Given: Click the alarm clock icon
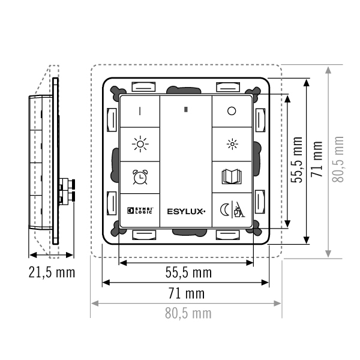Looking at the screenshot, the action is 140,177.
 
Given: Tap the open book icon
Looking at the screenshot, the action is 232,176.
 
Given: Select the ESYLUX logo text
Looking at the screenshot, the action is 186,211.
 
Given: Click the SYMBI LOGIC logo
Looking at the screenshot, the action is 140,211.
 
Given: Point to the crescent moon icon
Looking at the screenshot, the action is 224,210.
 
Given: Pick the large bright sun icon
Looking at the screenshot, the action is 140,144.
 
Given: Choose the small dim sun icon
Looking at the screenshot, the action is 232,144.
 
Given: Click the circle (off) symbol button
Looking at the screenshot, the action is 232,111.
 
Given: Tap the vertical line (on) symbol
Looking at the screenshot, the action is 140,111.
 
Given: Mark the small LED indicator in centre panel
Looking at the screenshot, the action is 186,110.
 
